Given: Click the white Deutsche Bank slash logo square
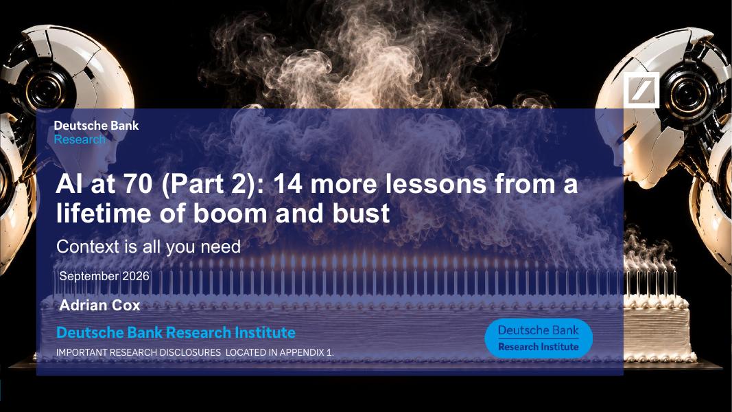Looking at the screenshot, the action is pos(641,90).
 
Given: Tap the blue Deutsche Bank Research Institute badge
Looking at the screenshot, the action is pos(539,339).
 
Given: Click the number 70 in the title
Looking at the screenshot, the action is pos(138,183).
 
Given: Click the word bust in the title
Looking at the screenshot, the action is pos(361,213).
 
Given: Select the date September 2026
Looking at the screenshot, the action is pos(104,276).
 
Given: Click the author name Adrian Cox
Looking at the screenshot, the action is pos(100,306).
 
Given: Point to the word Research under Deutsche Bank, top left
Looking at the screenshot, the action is pos(80,139).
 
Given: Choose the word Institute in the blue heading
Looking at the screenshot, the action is pos(265,332).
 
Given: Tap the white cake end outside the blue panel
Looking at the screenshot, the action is pos(658,327).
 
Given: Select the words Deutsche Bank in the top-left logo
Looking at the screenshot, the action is pos(96,125).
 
